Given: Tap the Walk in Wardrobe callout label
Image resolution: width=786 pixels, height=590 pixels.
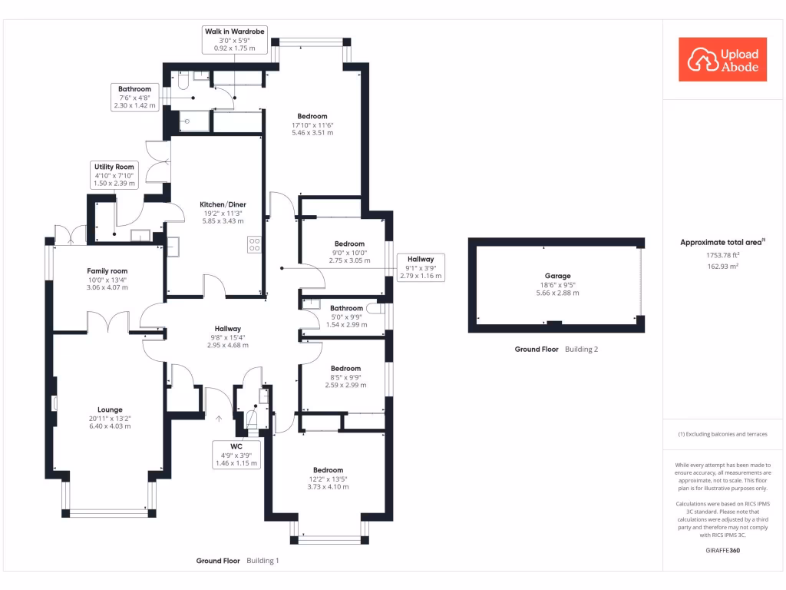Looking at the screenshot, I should [234, 40].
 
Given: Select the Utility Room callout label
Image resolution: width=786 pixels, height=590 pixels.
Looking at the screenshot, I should [114, 175].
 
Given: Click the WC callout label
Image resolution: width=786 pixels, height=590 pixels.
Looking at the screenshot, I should [236, 455].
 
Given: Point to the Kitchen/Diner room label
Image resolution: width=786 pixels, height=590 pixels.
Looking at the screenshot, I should [223, 212].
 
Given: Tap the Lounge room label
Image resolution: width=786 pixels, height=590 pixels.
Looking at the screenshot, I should [110, 414].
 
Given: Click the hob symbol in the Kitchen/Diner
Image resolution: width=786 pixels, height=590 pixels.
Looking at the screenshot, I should [255, 245].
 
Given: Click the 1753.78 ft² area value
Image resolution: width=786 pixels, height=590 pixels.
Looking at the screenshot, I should [722, 255].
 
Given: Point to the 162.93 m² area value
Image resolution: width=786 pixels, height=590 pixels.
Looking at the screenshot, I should [722, 266].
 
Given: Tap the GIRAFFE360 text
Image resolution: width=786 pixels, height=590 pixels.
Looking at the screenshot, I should [722, 551].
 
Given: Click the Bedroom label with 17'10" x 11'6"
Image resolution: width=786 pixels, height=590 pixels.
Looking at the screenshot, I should [312, 124].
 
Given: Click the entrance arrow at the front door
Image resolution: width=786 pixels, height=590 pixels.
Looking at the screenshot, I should [219, 419].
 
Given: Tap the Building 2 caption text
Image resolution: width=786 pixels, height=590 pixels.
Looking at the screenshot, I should [581, 349].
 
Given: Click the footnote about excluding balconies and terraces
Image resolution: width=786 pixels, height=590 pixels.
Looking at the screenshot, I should [722, 435].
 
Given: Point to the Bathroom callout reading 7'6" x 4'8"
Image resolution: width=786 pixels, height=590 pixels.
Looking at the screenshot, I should [134, 97].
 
